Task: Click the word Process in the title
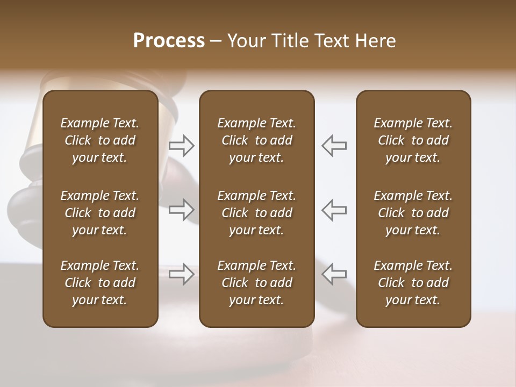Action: [169, 41]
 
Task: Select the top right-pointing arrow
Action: [182, 145]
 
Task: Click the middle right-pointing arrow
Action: [182, 210]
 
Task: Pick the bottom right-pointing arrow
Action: [182, 274]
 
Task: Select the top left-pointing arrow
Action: [334, 145]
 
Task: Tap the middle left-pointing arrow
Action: [334, 210]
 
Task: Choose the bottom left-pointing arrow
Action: [334, 274]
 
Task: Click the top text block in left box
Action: [100, 140]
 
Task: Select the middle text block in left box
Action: [100, 213]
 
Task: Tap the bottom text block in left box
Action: [100, 283]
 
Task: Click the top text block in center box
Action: [256, 140]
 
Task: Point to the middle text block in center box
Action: [256, 213]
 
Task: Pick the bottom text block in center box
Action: [256, 283]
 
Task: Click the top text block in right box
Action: [413, 140]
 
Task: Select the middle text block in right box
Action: [413, 213]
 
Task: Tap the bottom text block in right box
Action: [413, 283]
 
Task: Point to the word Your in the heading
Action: [247, 41]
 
